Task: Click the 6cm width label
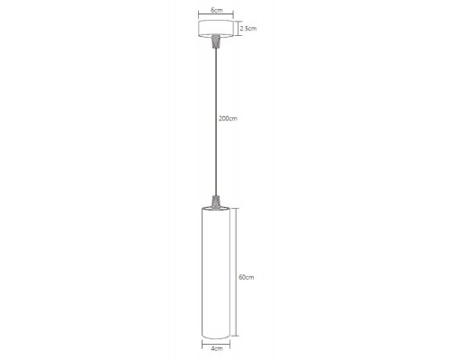tap(217, 10)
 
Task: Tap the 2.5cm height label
tap(248, 29)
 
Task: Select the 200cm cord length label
tap(228, 118)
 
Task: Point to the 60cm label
tap(247, 277)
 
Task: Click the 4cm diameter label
tap(217, 348)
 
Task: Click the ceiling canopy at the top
tap(216, 29)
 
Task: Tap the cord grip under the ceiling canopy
tap(216, 41)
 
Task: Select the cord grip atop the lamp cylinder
tap(216, 202)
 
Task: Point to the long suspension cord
tap(216, 121)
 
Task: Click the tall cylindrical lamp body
tap(216, 273)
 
